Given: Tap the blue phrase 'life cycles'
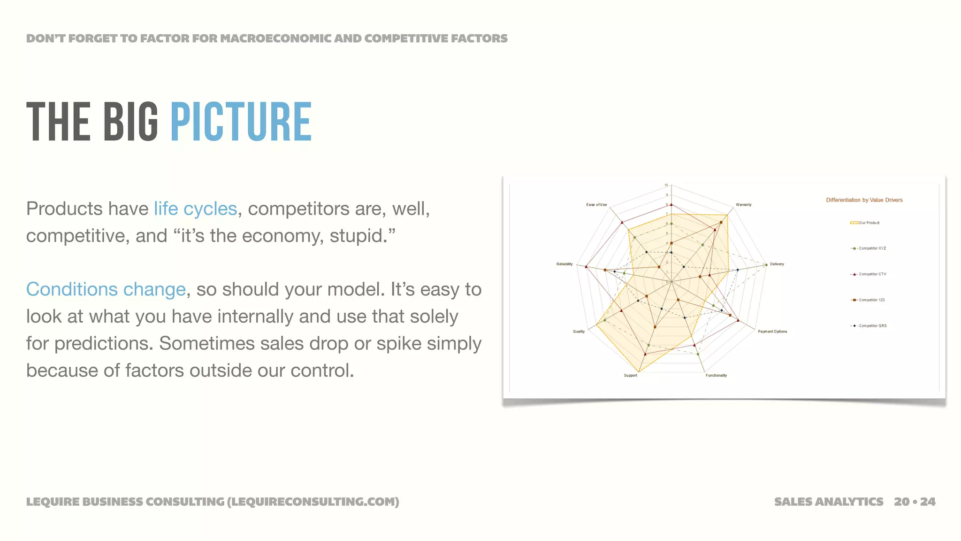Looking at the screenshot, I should [x=195, y=209].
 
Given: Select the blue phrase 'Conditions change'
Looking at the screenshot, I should [x=106, y=289].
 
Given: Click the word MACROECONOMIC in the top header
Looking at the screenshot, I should [x=276, y=39].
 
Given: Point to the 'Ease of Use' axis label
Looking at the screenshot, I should [x=596, y=205].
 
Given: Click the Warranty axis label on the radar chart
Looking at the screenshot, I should [x=743, y=205].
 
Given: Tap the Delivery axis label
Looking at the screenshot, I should [x=777, y=264].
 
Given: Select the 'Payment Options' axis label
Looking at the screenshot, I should [x=772, y=332].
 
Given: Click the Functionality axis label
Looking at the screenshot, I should [x=716, y=375].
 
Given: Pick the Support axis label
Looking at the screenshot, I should [x=630, y=375].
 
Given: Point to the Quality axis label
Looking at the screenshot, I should [x=579, y=332].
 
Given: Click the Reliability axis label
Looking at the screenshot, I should [x=564, y=264].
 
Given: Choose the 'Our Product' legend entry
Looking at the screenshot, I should [x=869, y=223].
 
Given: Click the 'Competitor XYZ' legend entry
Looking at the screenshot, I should [x=872, y=248].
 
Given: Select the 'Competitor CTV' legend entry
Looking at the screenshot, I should [x=872, y=274].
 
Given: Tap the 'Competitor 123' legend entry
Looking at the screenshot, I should [x=871, y=300].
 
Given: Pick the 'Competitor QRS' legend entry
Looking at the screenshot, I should [x=872, y=326].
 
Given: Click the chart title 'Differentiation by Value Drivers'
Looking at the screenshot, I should [x=864, y=200].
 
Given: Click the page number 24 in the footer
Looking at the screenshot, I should [x=928, y=502].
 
